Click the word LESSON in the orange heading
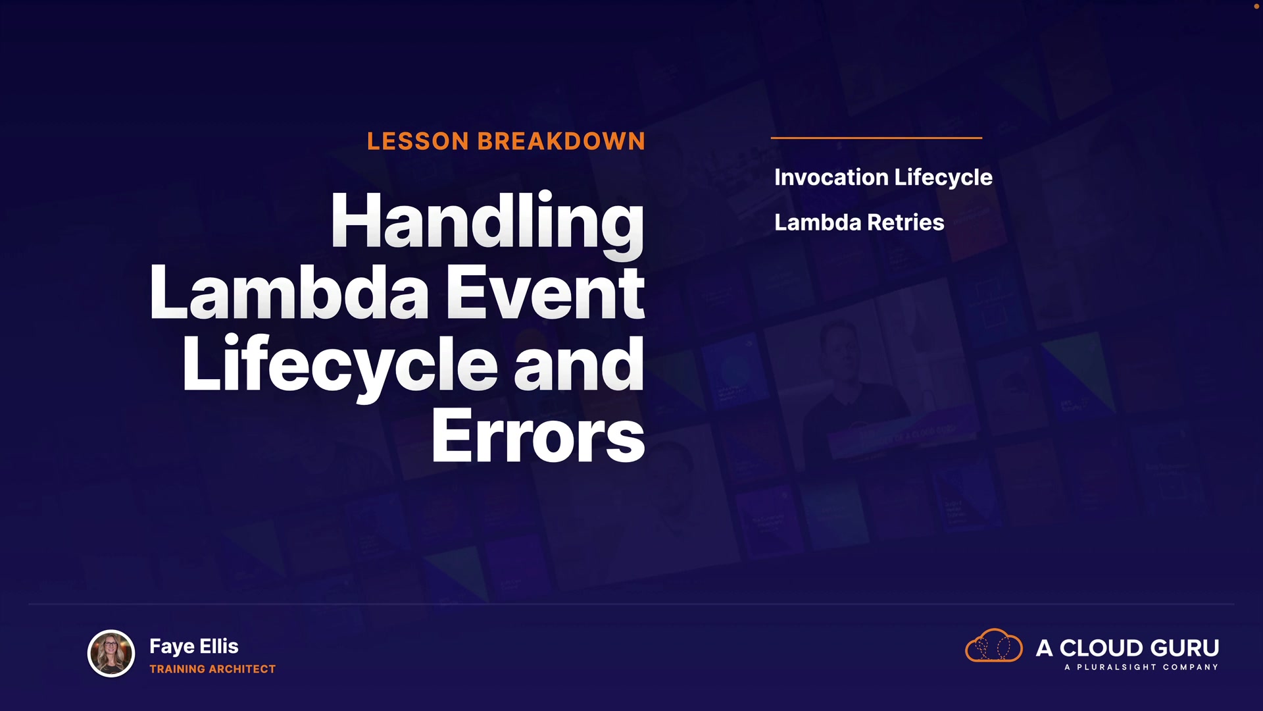[x=418, y=141]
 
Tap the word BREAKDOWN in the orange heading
[x=561, y=141]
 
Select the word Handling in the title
[x=487, y=224]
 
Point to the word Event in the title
[x=546, y=293]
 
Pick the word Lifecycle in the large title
[x=340, y=365]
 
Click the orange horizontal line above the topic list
[x=876, y=138]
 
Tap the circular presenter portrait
[x=111, y=653]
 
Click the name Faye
[x=172, y=647]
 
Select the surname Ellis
[x=219, y=646]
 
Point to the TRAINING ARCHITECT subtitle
[x=212, y=669]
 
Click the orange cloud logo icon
[x=994, y=645]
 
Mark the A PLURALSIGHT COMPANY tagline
[x=1141, y=668]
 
